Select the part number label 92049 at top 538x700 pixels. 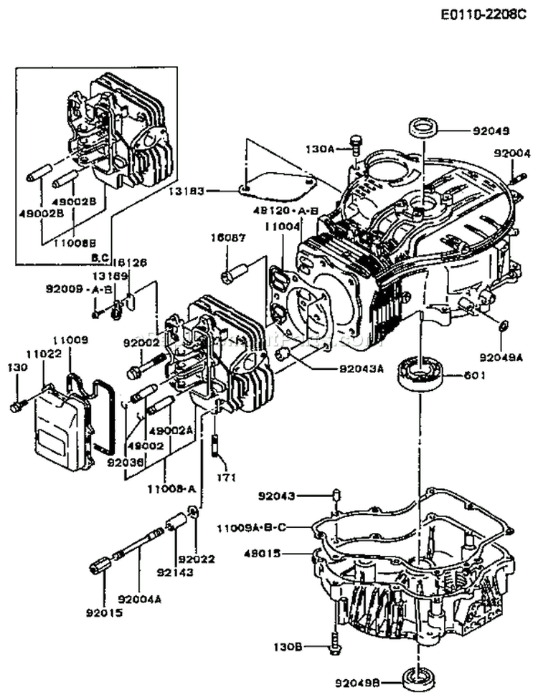tap(491, 131)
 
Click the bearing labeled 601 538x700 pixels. tap(423, 374)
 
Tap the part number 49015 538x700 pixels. tap(263, 554)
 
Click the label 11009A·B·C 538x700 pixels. tap(251, 528)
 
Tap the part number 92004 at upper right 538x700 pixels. tap(511, 153)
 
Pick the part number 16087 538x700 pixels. tap(225, 237)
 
